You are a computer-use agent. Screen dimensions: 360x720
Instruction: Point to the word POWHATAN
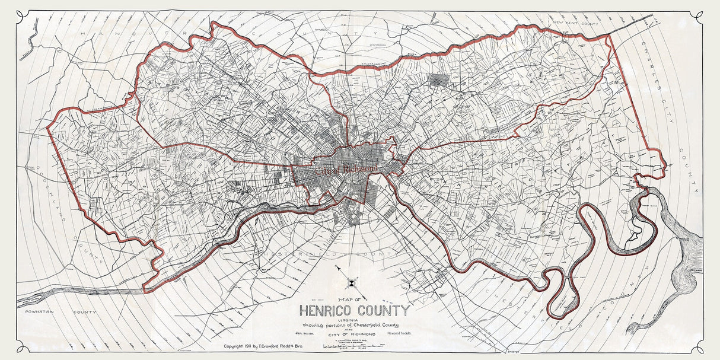[38, 311]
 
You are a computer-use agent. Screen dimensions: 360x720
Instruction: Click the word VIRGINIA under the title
[354, 320]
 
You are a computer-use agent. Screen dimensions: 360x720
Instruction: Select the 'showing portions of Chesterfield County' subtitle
[354, 326]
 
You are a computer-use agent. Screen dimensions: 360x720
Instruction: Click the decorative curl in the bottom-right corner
[698, 348]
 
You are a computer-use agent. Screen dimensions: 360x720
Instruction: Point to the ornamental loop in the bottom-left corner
[22, 348]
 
